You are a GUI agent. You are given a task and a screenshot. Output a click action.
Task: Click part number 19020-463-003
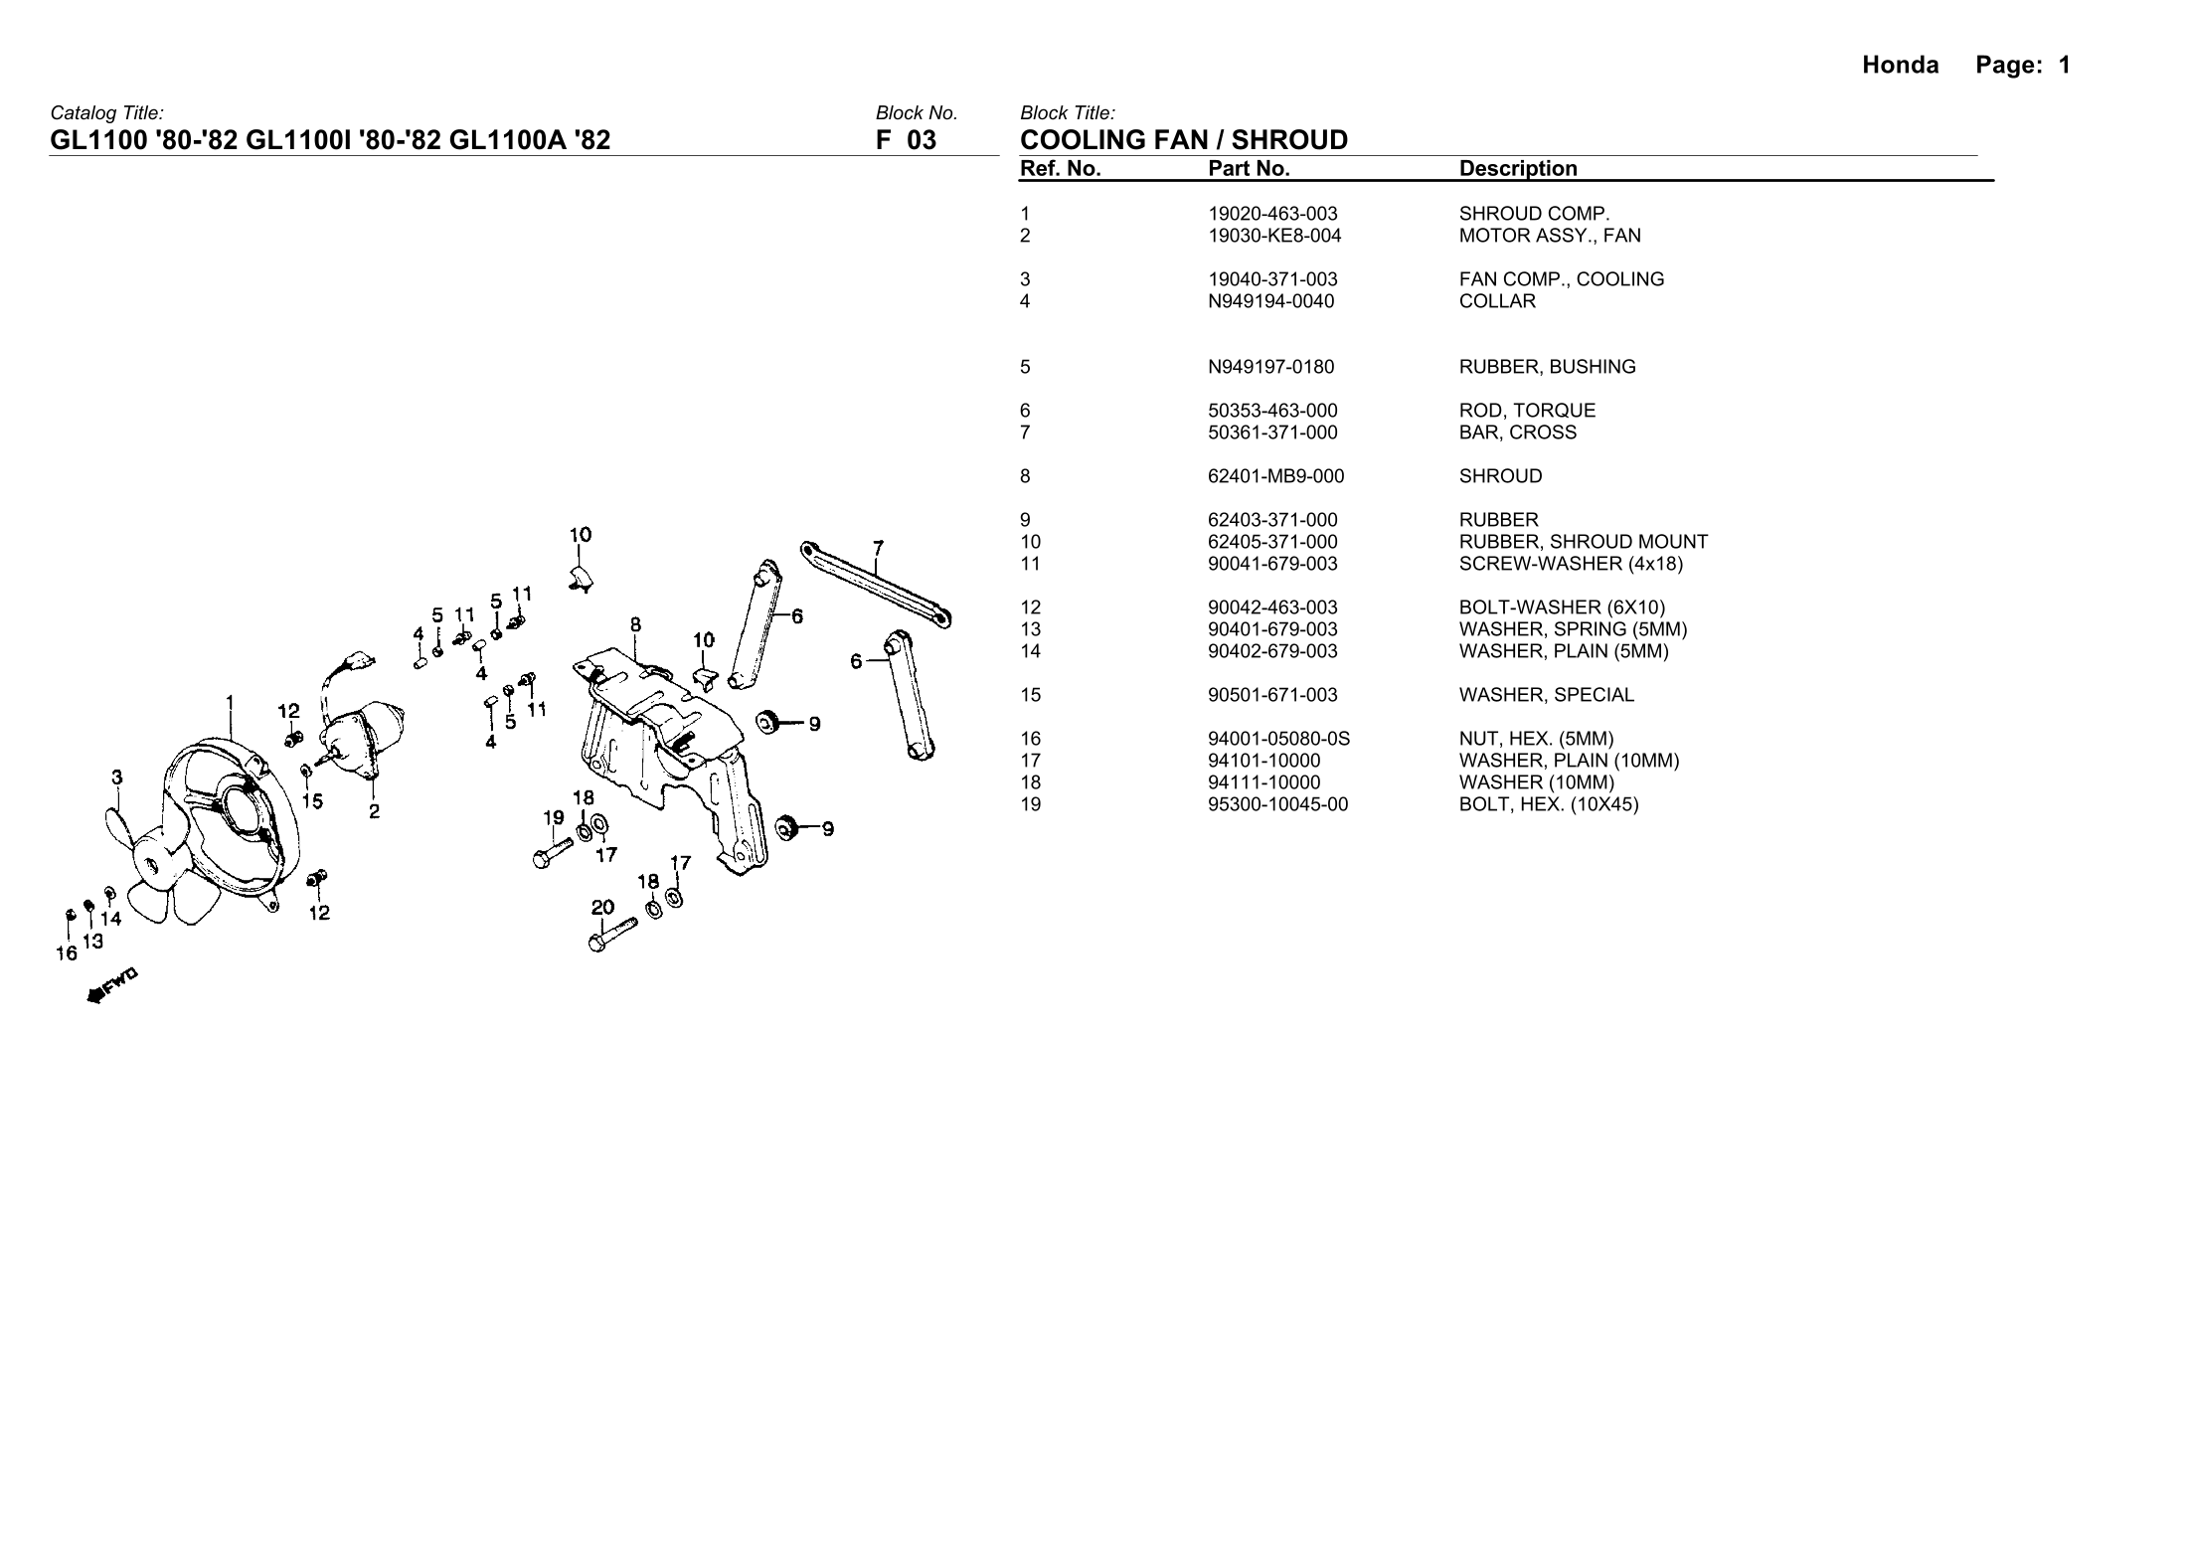pos(1272,214)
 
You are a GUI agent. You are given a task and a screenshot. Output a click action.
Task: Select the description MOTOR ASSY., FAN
pos(1549,236)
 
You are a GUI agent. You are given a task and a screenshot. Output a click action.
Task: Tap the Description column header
pos(1517,169)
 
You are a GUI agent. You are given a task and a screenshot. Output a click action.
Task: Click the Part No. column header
pos(1249,169)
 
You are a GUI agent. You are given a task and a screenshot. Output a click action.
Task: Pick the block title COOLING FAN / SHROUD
pos(1184,140)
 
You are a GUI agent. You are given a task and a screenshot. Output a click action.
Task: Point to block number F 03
pos(906,140)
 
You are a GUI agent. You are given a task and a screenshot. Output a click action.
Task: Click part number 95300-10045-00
pos(1277,804)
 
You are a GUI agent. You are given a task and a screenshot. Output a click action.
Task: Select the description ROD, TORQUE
pos(1527,411)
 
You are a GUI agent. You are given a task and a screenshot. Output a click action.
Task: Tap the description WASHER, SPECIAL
pos(1546,695)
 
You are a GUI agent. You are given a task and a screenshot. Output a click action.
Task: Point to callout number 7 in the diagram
pos(877,548)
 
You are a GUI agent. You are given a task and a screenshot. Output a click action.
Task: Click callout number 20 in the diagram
pos(602,907)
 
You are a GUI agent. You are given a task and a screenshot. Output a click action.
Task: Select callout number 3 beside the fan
pos(117,778)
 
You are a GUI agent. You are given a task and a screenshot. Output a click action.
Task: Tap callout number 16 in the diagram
pos(66,953)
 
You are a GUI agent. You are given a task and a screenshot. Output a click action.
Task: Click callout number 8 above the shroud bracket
pos(635,624)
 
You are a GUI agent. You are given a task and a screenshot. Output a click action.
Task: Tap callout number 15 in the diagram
pos(312,801)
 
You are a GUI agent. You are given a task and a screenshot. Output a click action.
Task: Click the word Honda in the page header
pos(1900,66)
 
